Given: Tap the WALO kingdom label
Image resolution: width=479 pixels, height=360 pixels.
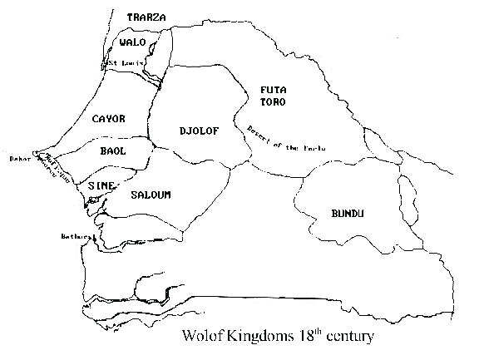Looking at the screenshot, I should (x=133, y=42).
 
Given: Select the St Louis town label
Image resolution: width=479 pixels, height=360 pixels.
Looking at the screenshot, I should (x=124, y=62).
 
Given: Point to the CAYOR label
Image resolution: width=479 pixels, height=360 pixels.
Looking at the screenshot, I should (x=109, y=119).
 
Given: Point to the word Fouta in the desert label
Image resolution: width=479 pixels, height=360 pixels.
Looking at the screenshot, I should (x=314, y=149).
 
